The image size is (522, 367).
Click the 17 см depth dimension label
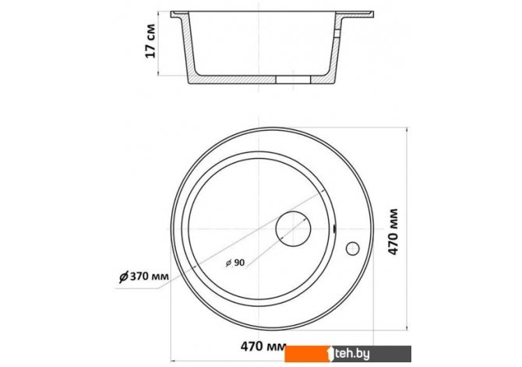click(x=150, y=41)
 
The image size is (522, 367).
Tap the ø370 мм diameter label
click(x=144, y=276)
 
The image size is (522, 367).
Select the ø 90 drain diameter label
click(x=235, y=263)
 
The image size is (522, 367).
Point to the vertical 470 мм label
click(x=393, y=231)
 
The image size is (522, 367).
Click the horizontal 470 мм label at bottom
click(x=263, y=347)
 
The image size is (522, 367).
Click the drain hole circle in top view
click(x=293, y=212)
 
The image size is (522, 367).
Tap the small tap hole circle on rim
click(x=353, y=249)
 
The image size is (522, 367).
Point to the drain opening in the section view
click(x=293, y=79)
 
